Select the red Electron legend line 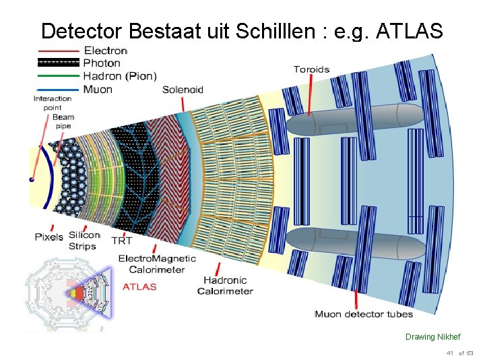click(59, 51)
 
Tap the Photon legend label click(102, 63)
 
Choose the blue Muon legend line click(59, 89)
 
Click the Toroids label click(311, 69)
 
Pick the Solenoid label click(183, 90)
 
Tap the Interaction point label click(52, 103)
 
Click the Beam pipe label click(63, 121)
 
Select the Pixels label click(49, 237)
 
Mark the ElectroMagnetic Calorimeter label click(157, 264)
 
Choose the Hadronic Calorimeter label click(225, 285)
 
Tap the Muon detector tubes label click(364, 314)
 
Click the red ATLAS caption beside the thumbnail click(139, 286)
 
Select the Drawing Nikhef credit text click(433, 337)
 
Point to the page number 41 click(449, 353)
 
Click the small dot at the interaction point click(31, 180)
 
